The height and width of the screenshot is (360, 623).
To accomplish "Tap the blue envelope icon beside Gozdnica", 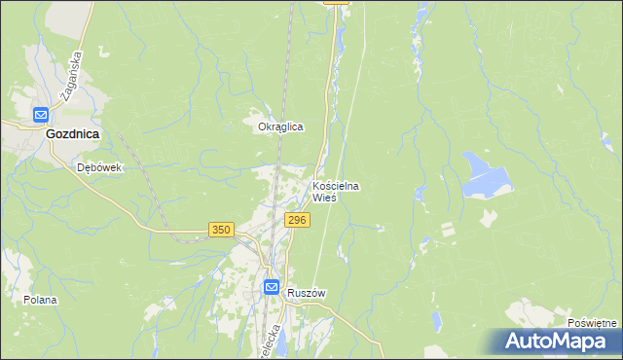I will [x=41, y=114].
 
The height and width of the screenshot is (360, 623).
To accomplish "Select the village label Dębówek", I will [x=99, y=167].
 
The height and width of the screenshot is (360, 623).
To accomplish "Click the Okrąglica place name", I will [x=280, y=127].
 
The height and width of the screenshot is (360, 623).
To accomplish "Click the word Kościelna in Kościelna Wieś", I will [x=342, y=185].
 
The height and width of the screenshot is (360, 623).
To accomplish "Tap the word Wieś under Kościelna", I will [x=324, y=197].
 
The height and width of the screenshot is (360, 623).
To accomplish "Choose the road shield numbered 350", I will [x=221, y=230].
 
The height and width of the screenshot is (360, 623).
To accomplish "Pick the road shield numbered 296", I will [x=298, y=221].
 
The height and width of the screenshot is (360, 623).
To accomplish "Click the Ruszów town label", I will [x=305, y=292].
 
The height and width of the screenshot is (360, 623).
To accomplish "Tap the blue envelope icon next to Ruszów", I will [x=272, y=288].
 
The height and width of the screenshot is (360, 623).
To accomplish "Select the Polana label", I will [x=41, y=301].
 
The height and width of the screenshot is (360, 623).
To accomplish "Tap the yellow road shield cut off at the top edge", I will [x=335, y=3].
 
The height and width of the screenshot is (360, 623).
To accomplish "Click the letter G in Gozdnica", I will [x=51, y=137].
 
